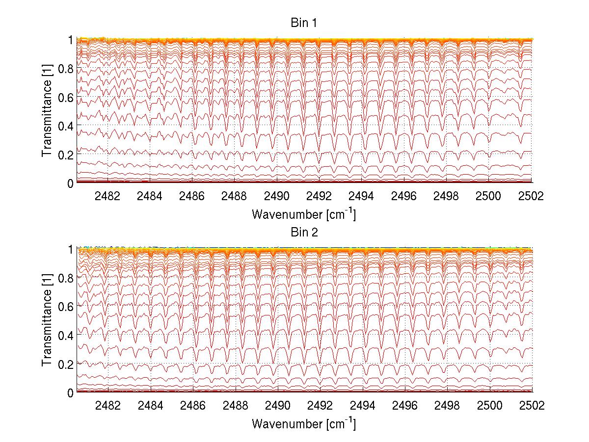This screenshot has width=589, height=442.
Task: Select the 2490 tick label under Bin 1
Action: click(x=277, y=196)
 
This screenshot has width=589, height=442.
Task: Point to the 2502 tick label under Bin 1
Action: click(x=532, y=196)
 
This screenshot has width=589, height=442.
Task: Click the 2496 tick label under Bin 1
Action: click(x=404, y=196)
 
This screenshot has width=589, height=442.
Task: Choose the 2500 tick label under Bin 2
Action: click(x=489, y=405)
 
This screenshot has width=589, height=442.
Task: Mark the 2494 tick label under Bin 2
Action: click(x=362, y=405)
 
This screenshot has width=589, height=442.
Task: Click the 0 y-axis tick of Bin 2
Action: click(x=71, y=392)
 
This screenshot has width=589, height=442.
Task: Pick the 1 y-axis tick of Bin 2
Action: click(x=71, y=249)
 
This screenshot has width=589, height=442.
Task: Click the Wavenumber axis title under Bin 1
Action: click(x=304, y=214)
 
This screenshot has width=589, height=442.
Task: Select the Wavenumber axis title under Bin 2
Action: click(x=304, y=424)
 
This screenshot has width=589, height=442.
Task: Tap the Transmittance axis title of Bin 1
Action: click(x=47, y=111)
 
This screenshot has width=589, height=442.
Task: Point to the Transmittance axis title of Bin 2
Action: click(x=47, y=321)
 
